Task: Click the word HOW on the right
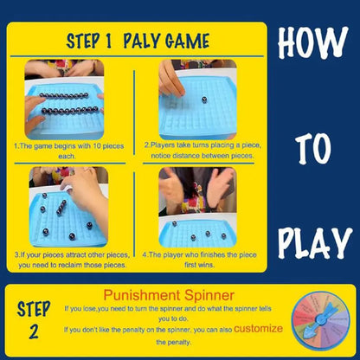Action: coord(312,42)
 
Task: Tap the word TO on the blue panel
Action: coord(314,148)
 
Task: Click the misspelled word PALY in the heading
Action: coord(142,41)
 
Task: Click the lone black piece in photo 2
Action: coord(204,100)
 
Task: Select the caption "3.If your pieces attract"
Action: coord(69,260)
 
